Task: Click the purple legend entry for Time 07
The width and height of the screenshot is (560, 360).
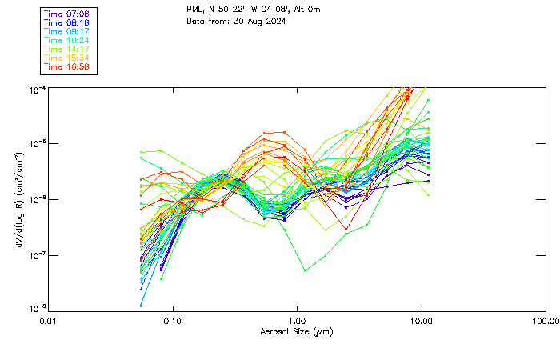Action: (66, 14)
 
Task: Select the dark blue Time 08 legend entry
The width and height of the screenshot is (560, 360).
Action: (66, 22)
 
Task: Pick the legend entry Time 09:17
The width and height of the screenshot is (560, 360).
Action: (66, 31)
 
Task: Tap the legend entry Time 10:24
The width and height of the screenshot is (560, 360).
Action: (66, 40)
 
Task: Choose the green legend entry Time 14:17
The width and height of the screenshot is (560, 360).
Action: (66, 49)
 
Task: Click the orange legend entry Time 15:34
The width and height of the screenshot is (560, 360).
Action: (66, 58)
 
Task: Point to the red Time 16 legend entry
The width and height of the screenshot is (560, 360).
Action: (66, 66)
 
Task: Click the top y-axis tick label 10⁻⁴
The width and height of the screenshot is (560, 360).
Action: (37, 90)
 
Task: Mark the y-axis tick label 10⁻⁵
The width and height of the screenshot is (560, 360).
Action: (37, 145)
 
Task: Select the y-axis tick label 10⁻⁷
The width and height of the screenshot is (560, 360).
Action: (37, 255)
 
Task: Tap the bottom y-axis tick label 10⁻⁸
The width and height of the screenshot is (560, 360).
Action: (37, 309)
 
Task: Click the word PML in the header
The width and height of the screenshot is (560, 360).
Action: (195, 10)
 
